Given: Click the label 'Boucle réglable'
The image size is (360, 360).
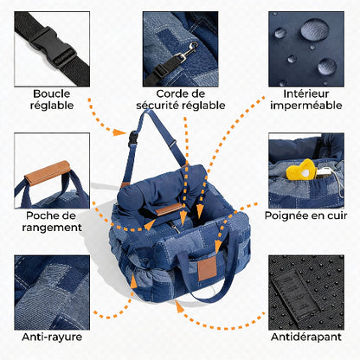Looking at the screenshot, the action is [x=52, y=100].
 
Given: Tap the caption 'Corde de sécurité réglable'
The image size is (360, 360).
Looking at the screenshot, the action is [x=181, y=100].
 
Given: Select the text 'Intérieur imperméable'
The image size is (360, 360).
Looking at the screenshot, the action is [x=306, y=100].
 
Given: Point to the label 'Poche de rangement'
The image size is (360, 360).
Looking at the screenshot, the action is [x=52, y=222].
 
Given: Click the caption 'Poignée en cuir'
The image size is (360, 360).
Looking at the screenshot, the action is [x=305, y=215].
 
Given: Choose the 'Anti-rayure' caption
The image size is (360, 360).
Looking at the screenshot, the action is [x=52, y=337].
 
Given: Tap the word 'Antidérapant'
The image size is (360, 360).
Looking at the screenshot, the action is [x=306, y=337].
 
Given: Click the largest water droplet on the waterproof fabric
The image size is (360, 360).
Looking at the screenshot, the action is [x=315, y=29].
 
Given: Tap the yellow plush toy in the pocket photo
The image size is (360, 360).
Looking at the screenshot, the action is [x=301, y=170].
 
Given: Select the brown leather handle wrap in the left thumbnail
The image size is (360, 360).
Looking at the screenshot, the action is [x=48, y=173].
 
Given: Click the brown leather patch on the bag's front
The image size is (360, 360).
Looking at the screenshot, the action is [x=208, y=268].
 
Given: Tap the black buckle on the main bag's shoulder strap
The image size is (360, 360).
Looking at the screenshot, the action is [x=133, y=138].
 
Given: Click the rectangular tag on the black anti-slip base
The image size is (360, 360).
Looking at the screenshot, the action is [x=294, y=294].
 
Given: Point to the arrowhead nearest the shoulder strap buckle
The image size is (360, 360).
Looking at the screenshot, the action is [x=119, y=132].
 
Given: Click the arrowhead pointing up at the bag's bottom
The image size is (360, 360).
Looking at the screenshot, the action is [x=179, y=306].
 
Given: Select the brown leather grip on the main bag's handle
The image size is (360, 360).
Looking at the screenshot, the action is [x=169, y=209].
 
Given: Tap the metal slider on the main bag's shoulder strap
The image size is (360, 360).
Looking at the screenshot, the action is [x=172, y=143].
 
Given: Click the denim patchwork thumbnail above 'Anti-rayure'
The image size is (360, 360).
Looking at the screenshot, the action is [x=52, y=292].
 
